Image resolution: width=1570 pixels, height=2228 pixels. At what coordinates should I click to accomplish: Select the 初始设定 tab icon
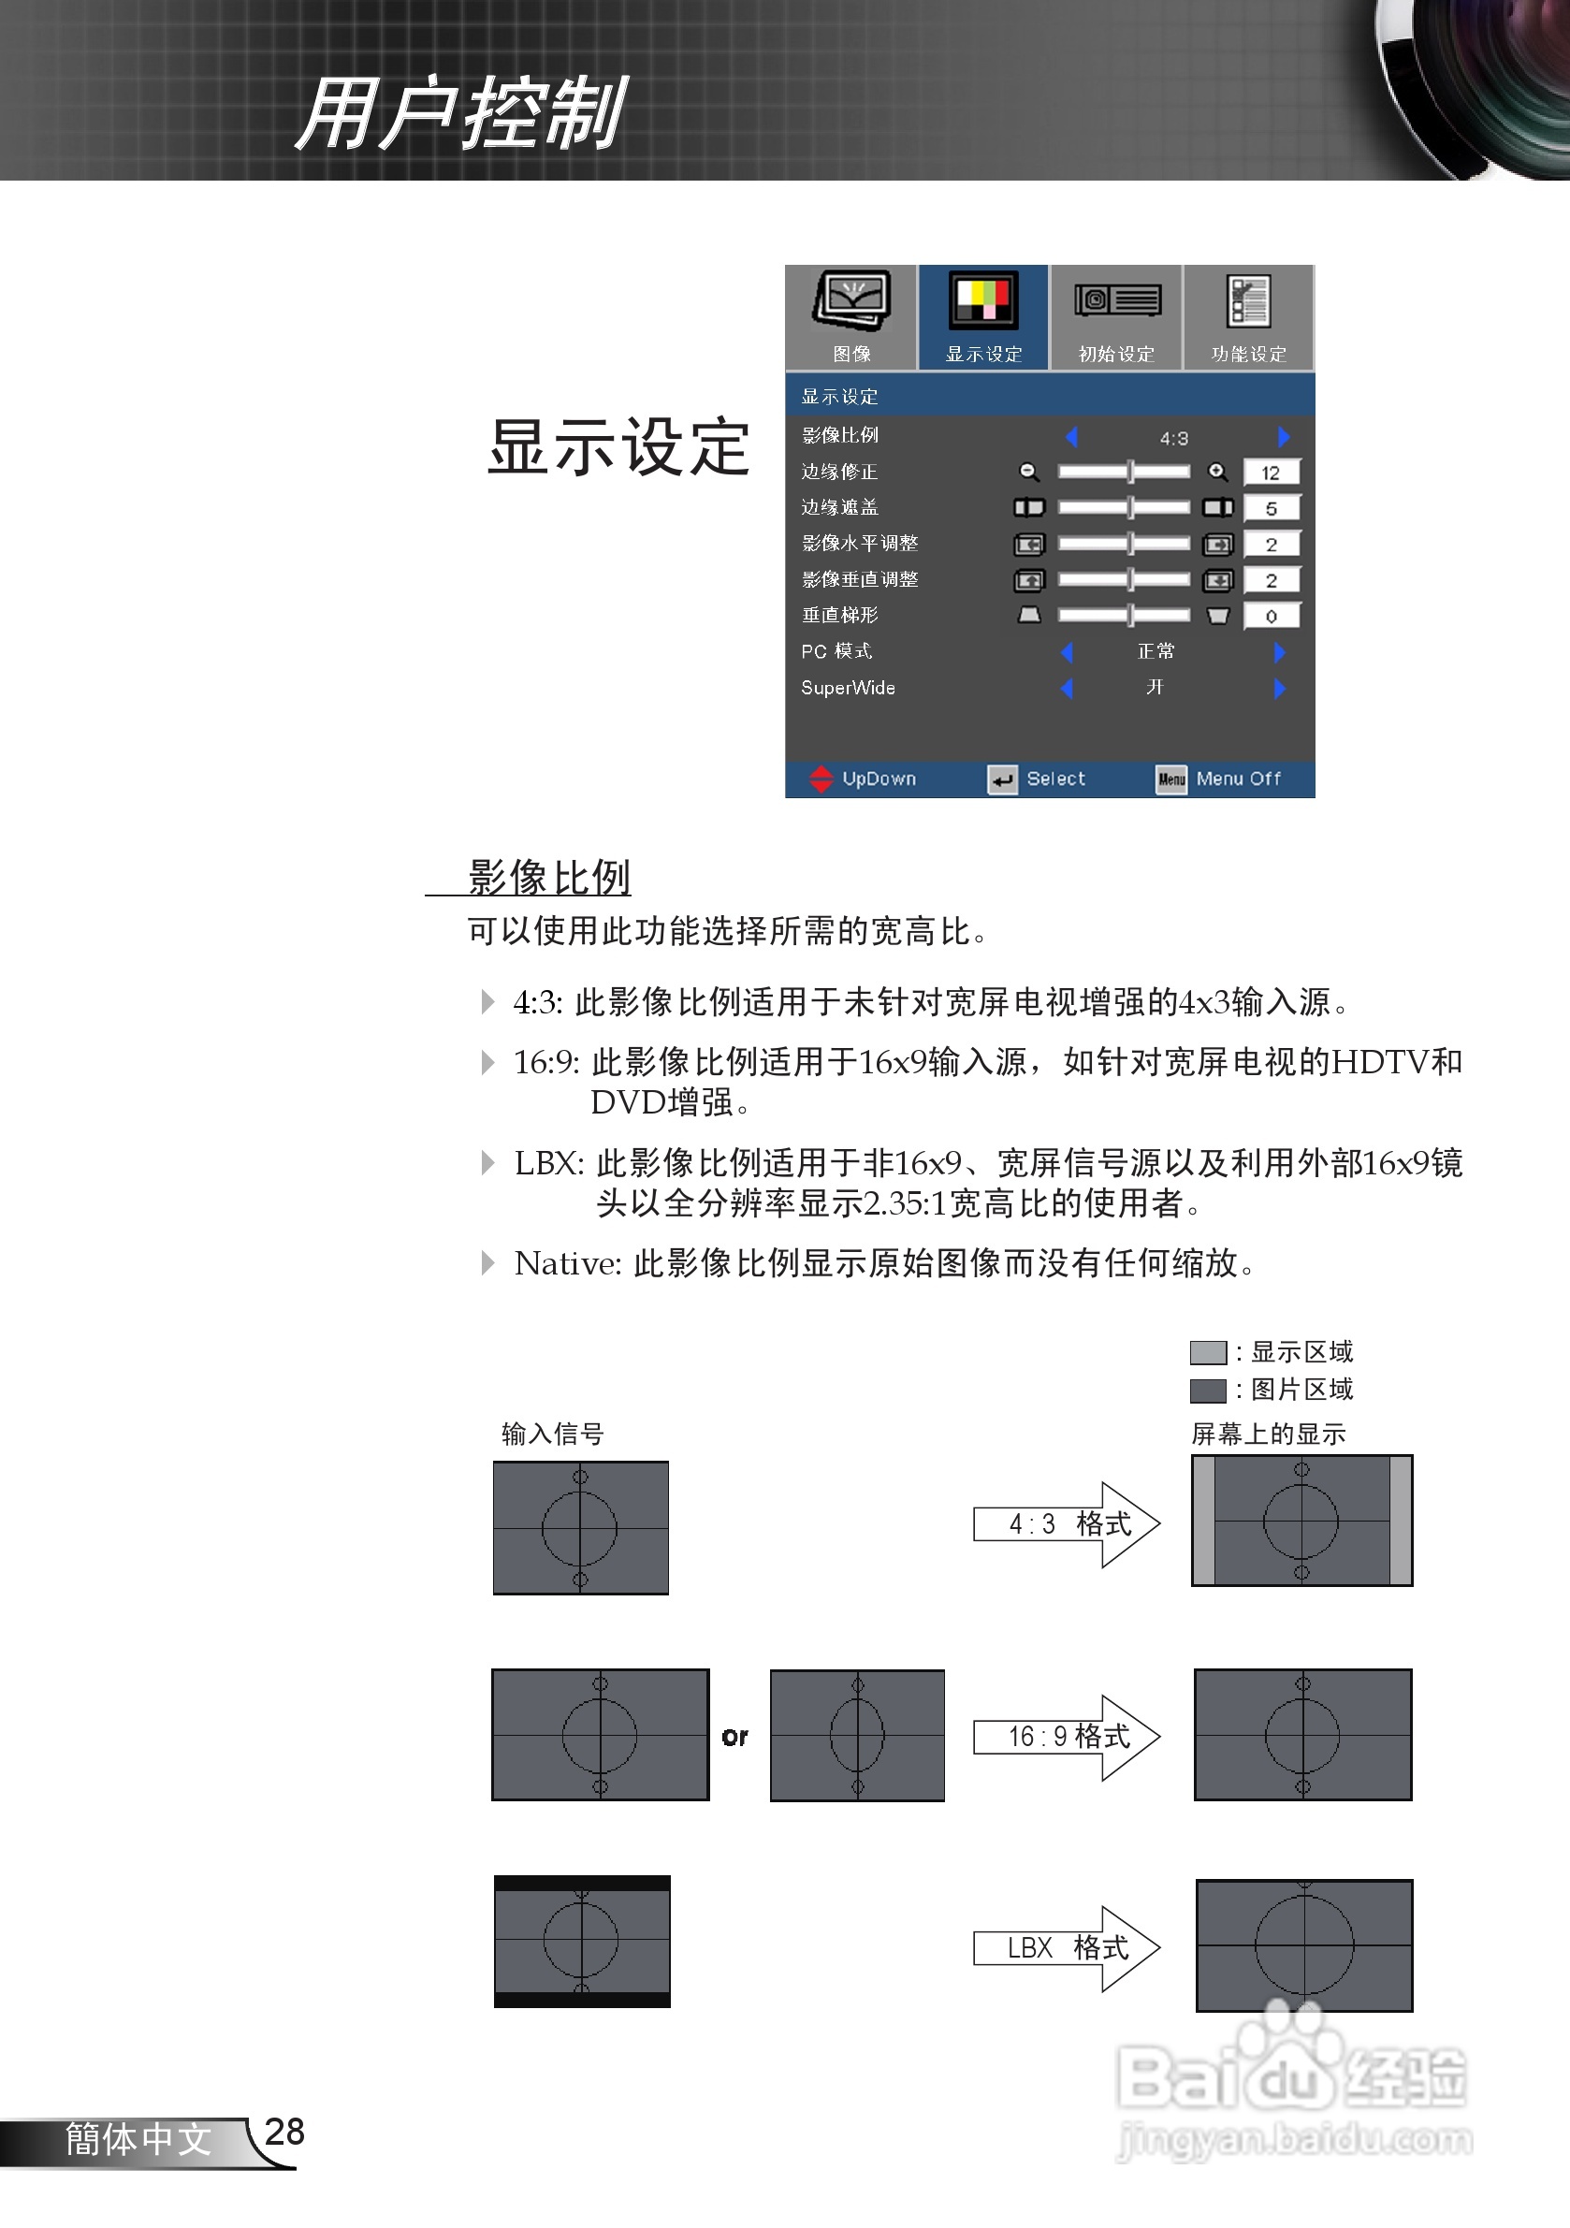[1117, 299]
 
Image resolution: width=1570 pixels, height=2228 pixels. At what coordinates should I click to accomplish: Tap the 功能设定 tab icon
[1249, 300]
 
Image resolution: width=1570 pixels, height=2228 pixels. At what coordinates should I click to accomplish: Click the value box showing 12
[1271, 473]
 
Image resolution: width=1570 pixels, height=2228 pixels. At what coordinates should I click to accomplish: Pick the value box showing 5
[1271, 508]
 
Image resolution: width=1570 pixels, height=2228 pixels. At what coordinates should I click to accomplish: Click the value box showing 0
[1271, 617]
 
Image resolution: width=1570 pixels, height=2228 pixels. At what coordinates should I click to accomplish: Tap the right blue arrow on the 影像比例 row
[1284, 438]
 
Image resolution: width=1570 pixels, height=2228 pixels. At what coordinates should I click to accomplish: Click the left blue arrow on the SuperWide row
[1068, 688]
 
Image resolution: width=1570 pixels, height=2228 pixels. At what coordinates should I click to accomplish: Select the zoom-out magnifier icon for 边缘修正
[1028, 473]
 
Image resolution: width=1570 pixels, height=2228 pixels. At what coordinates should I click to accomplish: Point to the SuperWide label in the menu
[848, 688]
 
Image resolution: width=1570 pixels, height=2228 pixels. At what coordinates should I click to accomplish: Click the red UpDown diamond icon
[821, 779]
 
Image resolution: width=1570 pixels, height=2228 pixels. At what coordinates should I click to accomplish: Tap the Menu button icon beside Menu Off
[1171, 779]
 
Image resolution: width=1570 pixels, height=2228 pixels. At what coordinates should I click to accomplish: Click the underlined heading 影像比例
[549, 877]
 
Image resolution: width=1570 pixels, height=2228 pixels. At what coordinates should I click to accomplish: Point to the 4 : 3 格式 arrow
[1067, 1524]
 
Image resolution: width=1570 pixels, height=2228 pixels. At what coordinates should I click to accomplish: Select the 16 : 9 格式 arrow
[1067, 1737]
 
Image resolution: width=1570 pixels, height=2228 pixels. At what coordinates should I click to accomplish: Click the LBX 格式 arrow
[1067, 1948]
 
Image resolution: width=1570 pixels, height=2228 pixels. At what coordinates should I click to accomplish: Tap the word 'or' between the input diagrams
[734, 1737]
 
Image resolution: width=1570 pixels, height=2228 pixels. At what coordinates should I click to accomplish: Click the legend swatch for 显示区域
[1208, 1353]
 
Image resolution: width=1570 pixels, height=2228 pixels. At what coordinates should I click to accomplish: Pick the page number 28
[284, 2132]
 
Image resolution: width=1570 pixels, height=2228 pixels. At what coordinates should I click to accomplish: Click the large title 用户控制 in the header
[462, 114]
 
